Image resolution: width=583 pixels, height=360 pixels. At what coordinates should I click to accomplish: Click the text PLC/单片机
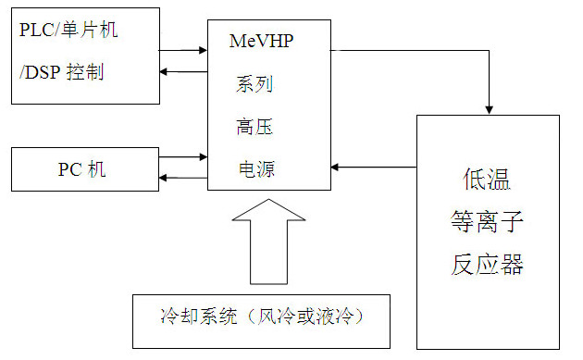coord(69,29)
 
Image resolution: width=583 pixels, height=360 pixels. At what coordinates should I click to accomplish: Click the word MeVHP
coord(261,42)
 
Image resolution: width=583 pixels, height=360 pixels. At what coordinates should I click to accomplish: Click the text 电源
coord(254,169)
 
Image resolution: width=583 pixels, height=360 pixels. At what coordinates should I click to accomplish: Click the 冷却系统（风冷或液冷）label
coord(261,317)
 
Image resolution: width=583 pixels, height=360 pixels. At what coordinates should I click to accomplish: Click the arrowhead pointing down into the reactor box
coord(489,107)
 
